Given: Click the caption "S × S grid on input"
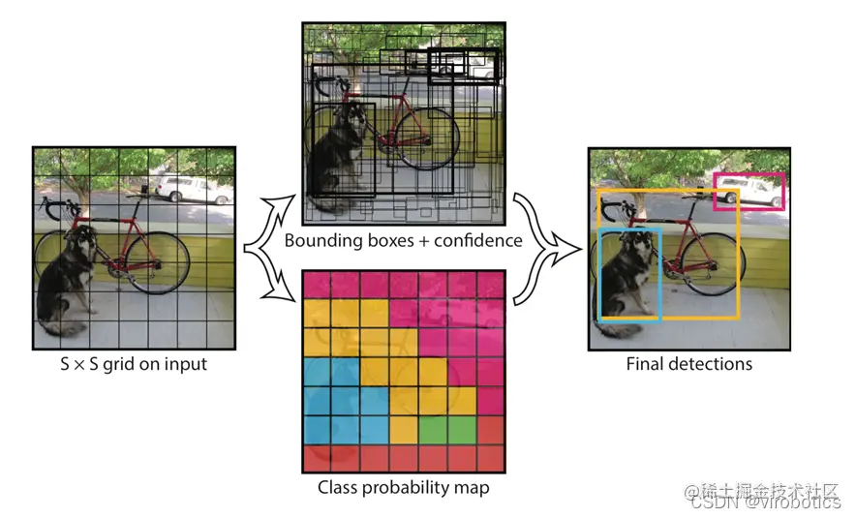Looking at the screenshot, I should (x=134, y=365).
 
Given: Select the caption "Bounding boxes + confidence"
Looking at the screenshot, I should (x=403, y=240).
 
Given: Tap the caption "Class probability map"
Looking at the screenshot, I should (x=403, y=487).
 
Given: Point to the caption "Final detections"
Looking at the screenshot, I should (x=688, y=365).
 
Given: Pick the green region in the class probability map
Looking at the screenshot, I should (x=433, y=427).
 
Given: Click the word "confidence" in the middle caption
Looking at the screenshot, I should (x=474, y=240).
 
